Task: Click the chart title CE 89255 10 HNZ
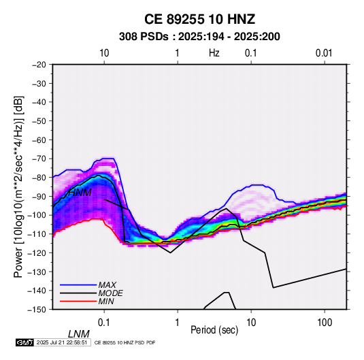pos(199,19)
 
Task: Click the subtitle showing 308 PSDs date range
pos(199,37)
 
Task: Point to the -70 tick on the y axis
pos(39,159)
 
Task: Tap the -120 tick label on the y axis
pos(37,253)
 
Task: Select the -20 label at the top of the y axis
pos(39,65)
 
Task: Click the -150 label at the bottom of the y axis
pos(37,310)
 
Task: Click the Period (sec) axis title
pos(214,330)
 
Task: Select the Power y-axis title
pos(18,187)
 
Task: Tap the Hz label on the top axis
pos(214,53)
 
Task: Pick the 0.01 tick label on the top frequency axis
pos(324,53)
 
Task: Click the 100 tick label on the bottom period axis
pos(325,323)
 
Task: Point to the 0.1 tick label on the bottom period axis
pos(104,323)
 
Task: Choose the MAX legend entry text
pos(107,285)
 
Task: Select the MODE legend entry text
pos(110,293)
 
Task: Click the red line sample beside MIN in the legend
pos(78,301)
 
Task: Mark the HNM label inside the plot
pos(80,193)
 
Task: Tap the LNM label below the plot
pos(79,334)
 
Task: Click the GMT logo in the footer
pos(25,342)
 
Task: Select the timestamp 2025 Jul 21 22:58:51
pos(62,342)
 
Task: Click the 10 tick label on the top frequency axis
pos(104,53)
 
